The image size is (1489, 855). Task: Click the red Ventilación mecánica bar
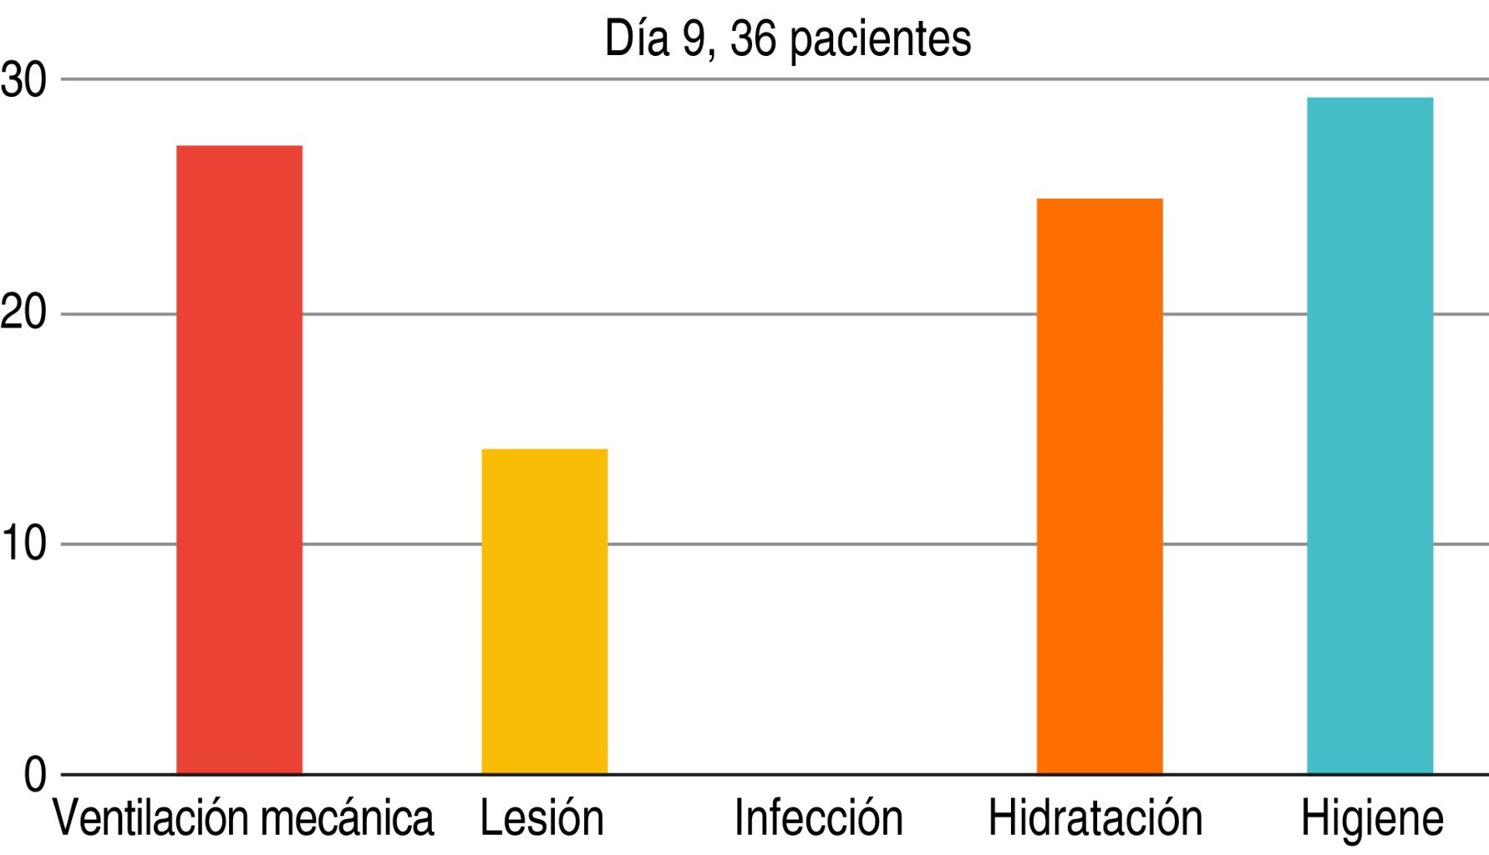coord(239,459)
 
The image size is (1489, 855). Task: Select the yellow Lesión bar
coord(544,611)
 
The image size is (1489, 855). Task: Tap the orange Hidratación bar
coord(1099,486)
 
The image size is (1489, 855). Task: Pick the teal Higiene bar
coord(1370,436)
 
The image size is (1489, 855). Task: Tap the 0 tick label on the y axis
coord(35,775)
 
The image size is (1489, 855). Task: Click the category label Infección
coord(818,819)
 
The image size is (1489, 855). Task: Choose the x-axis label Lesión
coord(541,819)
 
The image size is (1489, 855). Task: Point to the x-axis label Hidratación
coord(1095,819)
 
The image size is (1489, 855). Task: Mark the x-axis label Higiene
coord(1372,819)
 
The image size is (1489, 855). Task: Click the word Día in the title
coord(637,38)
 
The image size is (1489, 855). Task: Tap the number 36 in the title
coord(753,38)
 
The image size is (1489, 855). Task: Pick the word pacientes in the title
coord(880,40)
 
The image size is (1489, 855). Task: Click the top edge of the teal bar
coord(1370,99)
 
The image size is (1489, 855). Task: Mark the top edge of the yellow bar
coord(544,450)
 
